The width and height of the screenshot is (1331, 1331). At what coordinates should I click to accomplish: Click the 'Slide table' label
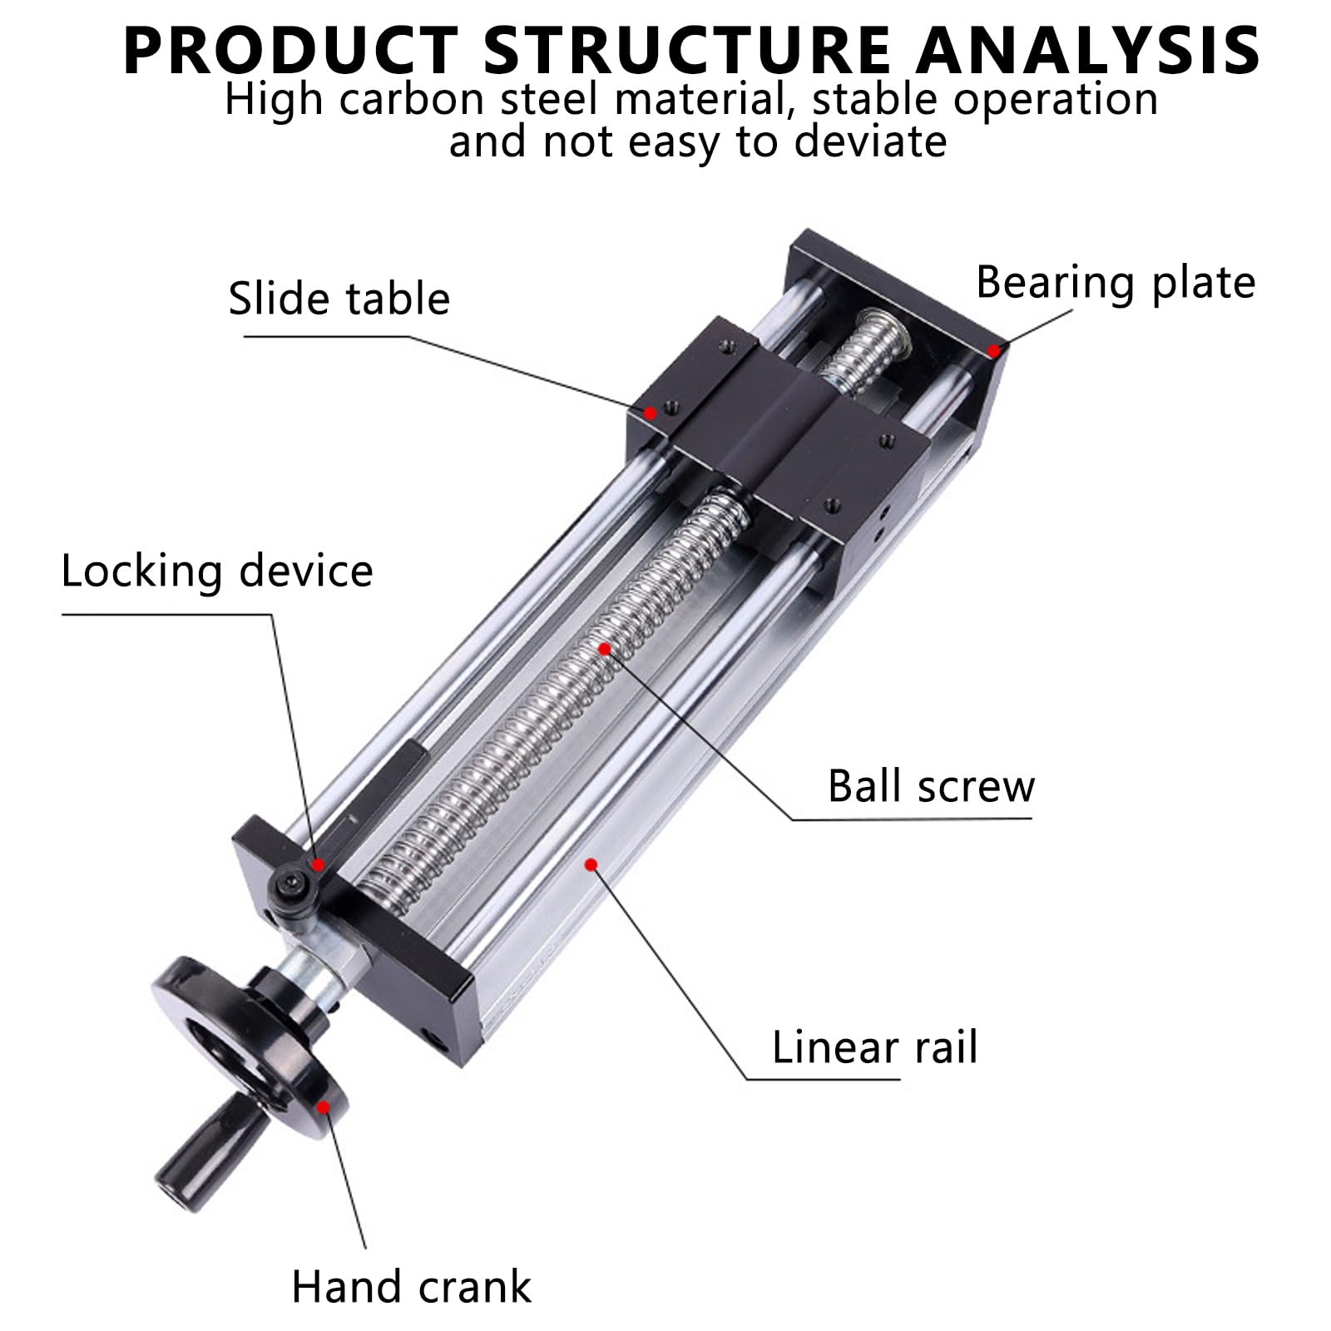(339, 299)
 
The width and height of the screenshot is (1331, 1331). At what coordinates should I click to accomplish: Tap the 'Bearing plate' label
(1116, 283)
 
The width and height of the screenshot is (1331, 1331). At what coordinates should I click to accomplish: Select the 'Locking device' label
(217, 572)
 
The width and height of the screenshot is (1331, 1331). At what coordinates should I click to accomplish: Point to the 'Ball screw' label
(931, 786)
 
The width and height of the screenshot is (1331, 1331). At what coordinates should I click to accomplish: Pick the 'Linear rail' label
(874, 1047)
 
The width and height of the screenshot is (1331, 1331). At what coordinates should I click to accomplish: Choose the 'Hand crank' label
(411, 1287)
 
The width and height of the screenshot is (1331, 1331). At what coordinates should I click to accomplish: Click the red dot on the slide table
(651, 412)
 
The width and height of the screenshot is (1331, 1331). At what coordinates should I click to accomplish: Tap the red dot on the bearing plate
(993, 351)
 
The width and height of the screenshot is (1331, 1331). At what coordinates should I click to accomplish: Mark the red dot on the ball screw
(606, 648)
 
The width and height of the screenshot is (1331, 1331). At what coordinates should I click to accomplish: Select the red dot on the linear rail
(591, 865)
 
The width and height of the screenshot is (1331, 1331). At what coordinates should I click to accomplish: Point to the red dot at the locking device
(317, 865)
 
